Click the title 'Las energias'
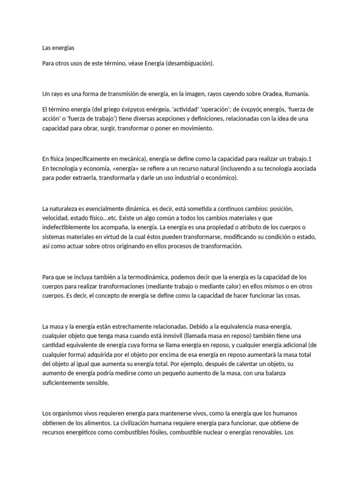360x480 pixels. click(58, 48)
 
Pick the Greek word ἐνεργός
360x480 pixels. click(248, 109)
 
